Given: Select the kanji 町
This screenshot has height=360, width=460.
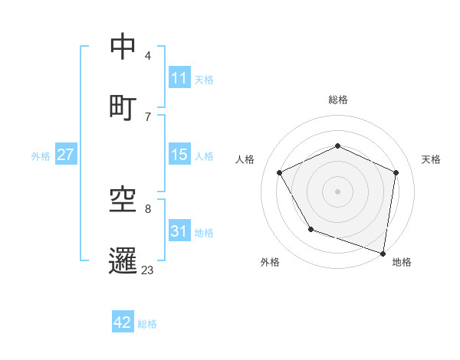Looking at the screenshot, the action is point(123,106).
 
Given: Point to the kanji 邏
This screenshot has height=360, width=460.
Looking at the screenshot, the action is point(123,260).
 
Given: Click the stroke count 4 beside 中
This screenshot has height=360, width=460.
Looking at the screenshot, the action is point(147,56).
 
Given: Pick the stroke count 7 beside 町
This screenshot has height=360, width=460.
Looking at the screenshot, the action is point(147,116).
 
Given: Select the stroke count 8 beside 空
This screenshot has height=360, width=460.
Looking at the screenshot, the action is point(147,208).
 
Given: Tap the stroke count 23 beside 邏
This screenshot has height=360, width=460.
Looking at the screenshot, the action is point(147,270).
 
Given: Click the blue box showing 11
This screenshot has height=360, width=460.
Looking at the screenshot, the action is point(179,78).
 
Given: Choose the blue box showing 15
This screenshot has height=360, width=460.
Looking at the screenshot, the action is point(179,155).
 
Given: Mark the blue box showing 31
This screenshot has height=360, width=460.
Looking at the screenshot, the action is point(179,231).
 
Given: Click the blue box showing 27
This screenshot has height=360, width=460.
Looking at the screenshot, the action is point(66,155).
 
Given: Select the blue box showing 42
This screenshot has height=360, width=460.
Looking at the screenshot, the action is point(123,322).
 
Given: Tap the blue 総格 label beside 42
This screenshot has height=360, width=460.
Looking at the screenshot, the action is point(147,324).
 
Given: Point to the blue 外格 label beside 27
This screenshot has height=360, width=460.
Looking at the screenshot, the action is point(41,156).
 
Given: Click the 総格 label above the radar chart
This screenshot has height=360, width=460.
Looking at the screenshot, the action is point(337,100).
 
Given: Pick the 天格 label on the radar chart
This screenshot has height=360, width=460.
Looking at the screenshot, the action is point(431,159).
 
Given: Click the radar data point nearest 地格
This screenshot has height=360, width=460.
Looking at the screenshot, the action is point(383,253).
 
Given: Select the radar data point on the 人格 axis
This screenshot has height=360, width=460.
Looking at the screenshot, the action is point(280,172).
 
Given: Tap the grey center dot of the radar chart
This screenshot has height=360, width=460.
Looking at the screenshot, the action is point(337,191).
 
